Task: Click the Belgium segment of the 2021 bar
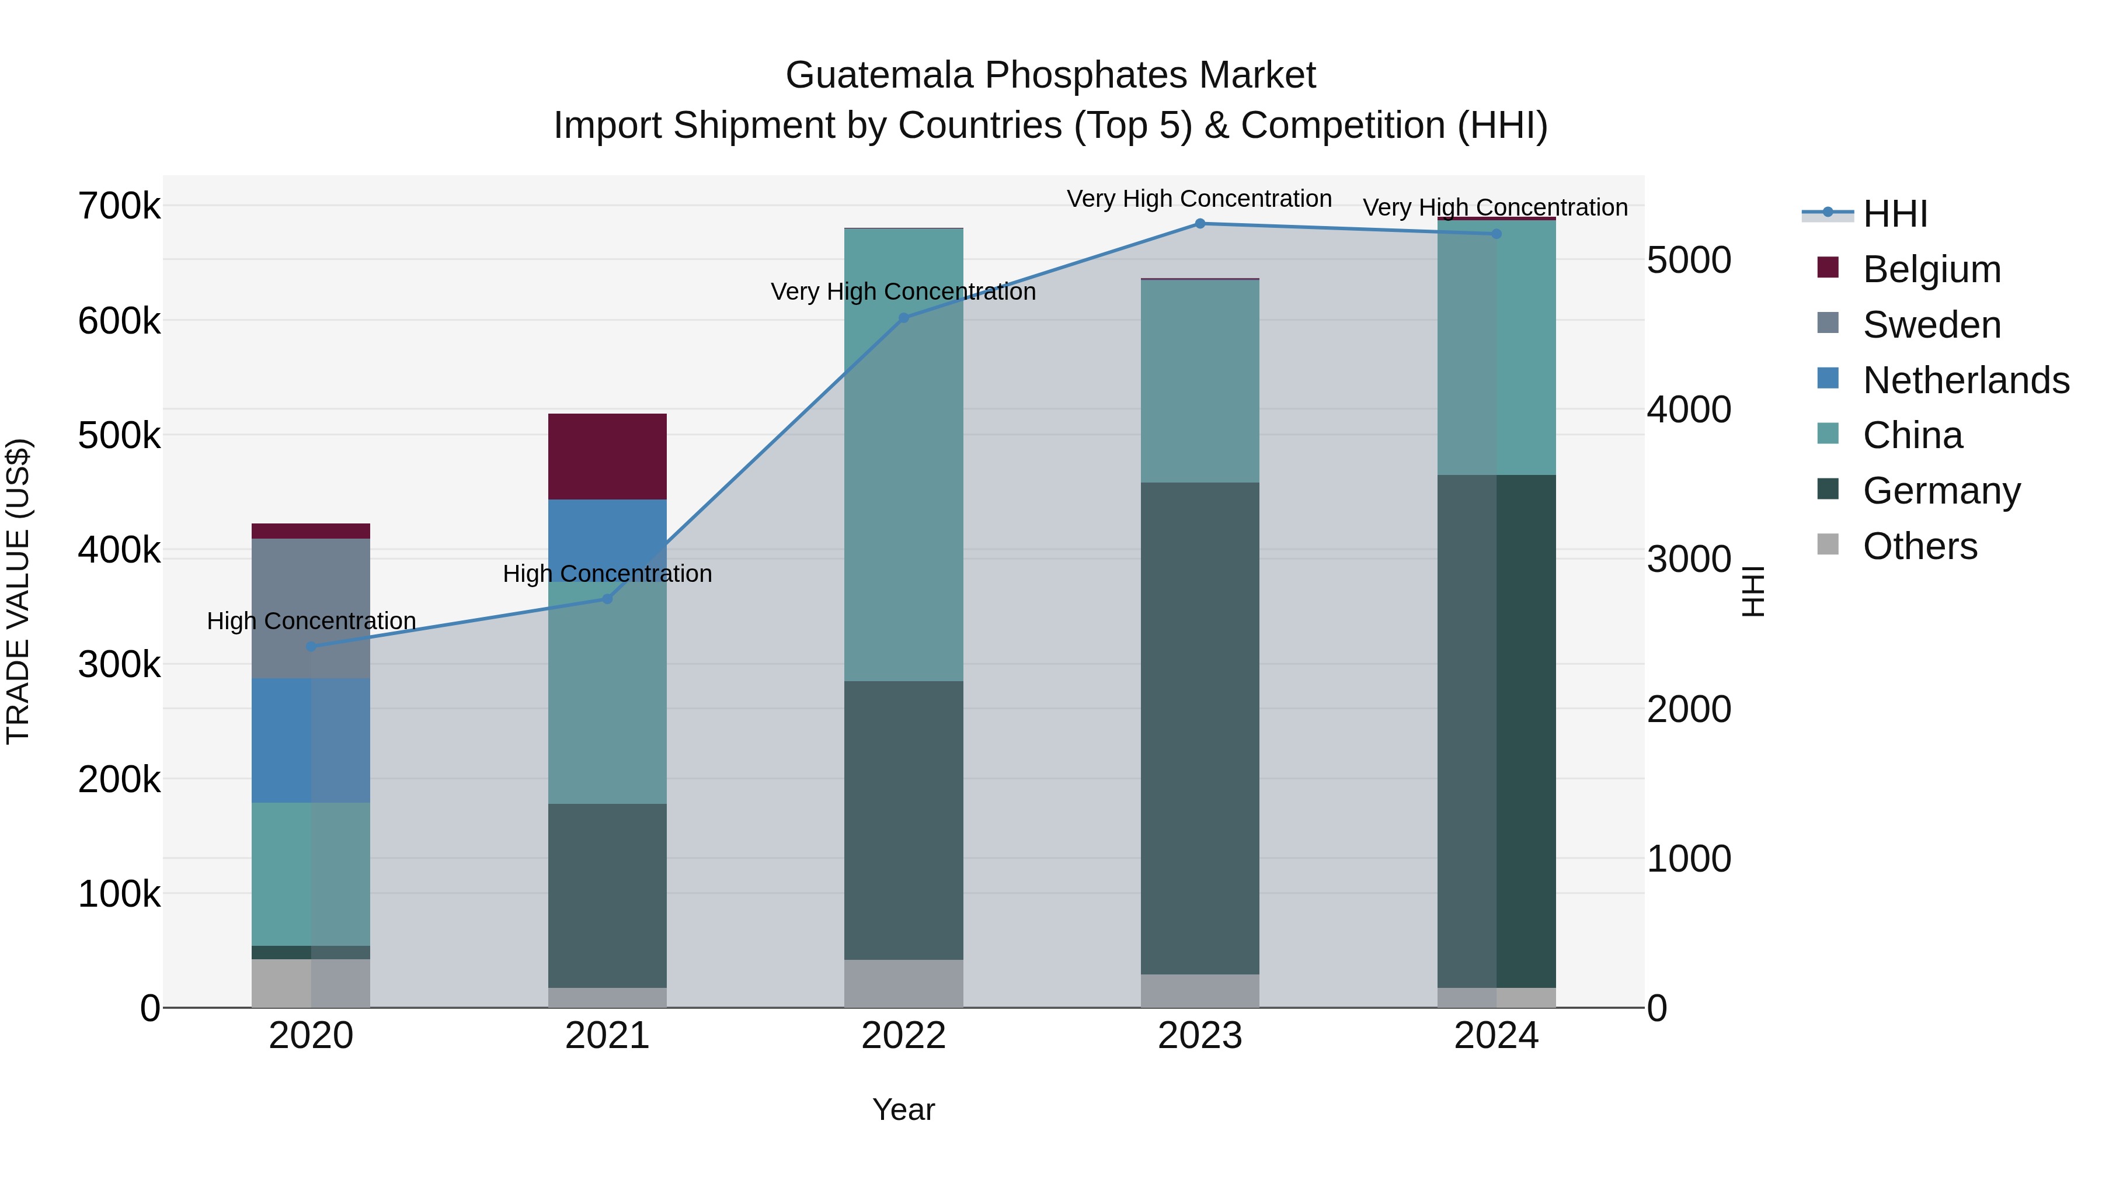[x=607, y=456]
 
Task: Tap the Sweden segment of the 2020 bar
[x=311, y=608]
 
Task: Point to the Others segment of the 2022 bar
[x=903, y=983]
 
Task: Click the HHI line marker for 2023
[x=1199, y=224]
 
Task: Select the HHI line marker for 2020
[x=311, y=647]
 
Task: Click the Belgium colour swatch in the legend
[x=1828, y=268]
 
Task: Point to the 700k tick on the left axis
[x=119, y=206]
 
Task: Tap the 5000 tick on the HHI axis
[x=1688, y=261]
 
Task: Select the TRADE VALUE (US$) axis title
[x=18, y=591]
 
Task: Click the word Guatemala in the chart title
[x=880, y=75]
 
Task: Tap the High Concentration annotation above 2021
[x=607, y=574]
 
